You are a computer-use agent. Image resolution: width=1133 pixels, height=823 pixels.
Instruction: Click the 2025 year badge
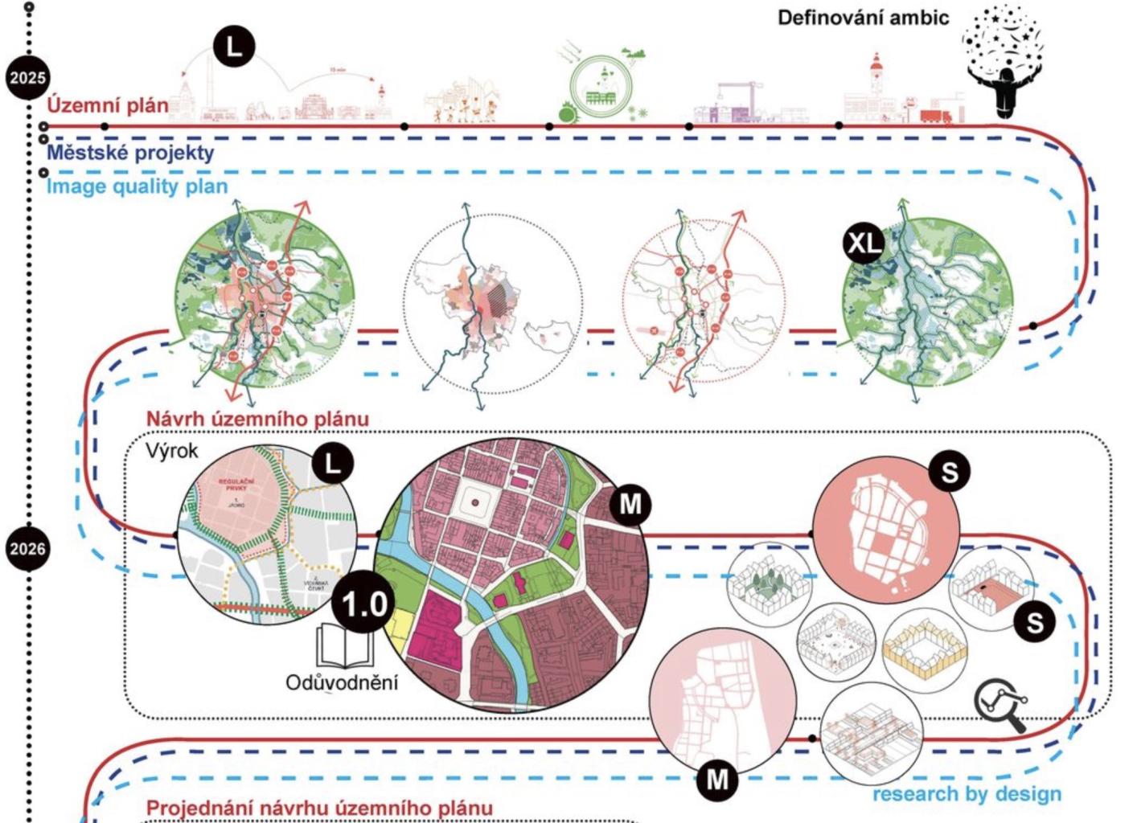[28, 78]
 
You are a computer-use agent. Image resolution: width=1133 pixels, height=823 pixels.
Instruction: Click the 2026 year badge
[28, 549]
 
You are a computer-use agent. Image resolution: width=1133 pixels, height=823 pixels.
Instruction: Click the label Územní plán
[108, 105]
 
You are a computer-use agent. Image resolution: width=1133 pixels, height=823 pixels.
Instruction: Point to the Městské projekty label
[130, 152]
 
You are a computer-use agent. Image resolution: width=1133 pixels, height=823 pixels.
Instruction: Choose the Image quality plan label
[137, 186]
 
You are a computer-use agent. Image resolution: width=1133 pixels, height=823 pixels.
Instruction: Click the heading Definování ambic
[863, 18]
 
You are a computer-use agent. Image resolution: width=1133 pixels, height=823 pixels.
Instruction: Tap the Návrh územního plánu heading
[257, 419]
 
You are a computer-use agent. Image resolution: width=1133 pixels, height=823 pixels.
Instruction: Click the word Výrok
[171, 451]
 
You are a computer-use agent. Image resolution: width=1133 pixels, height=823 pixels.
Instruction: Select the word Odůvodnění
[342, 682]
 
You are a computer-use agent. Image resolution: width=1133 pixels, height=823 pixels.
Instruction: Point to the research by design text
[967, 794]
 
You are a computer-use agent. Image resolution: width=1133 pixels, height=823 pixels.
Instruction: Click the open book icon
[345, 646]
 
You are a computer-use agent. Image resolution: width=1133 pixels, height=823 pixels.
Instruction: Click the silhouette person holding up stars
[1003, 88]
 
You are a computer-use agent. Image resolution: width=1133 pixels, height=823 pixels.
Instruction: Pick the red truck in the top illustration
[935, 117]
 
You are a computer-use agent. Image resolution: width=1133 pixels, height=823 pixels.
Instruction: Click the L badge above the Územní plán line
[234, 47]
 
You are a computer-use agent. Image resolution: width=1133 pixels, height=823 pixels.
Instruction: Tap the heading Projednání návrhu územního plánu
[318, 809]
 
